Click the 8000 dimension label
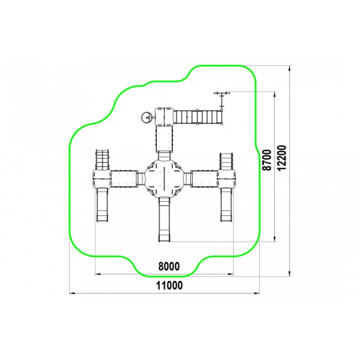tap(169, 266)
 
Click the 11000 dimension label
tap(169, 285)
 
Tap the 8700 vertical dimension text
tap(267, 160)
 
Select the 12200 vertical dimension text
tap(282, 157)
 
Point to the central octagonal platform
tap(165, 178)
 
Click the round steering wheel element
tap(146, 117)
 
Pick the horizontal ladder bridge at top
tap(197, 117)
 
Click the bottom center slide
tap(165, 219)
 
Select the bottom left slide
tap(102, 205)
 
